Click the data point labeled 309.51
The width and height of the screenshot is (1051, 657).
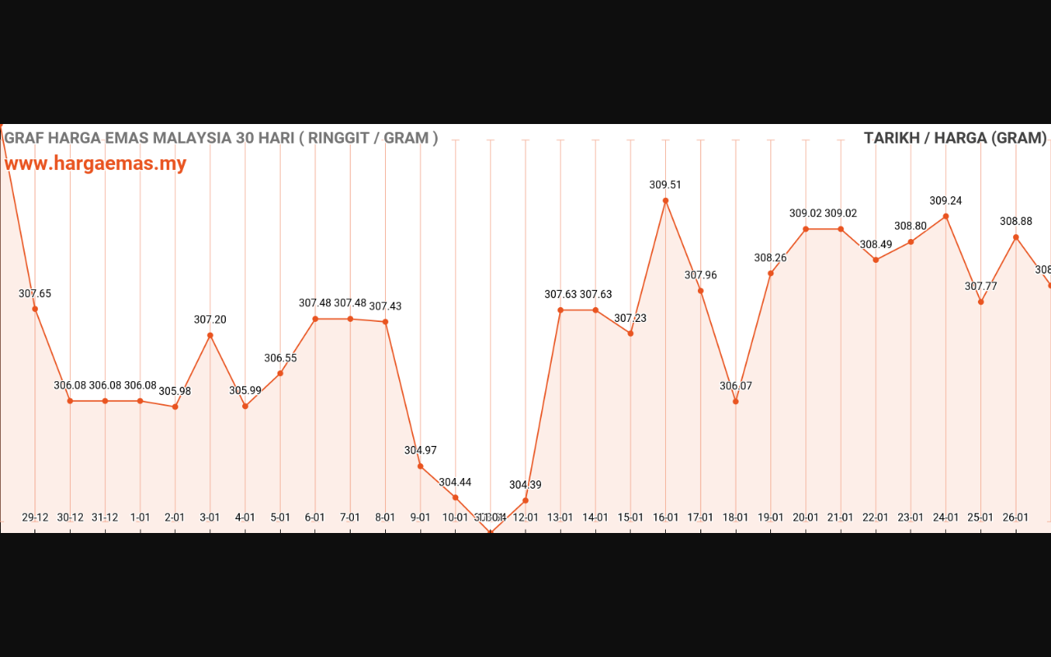pos(665,200)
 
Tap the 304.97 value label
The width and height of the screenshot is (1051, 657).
pos(420,450)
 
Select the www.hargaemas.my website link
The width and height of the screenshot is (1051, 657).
pos(95,163)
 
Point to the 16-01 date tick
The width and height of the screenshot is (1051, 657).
pos(665,517)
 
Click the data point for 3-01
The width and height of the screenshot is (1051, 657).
pos(210,335)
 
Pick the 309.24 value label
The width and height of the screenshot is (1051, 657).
pos(946,200)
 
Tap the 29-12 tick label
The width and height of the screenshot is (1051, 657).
pos(35,517)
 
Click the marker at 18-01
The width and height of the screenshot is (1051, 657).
pos(736,402)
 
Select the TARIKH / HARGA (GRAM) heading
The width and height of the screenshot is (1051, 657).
pos(955,138)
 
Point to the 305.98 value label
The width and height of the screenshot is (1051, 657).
pos(175,391)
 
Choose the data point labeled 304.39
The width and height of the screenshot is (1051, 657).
pos(525,500)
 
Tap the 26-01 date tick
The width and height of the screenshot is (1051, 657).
pos(1016,517)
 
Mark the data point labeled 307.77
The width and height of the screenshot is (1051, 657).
pos(980,301)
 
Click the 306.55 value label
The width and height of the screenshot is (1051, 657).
pos(281,358)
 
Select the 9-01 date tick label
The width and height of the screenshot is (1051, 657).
pos(420,517)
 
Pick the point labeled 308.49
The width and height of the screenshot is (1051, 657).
pos(875,260)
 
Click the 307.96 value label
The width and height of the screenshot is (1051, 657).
pos(700,275)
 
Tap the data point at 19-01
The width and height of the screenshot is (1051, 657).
pos(771,273)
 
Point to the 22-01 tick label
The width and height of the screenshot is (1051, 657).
pos(875,517)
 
